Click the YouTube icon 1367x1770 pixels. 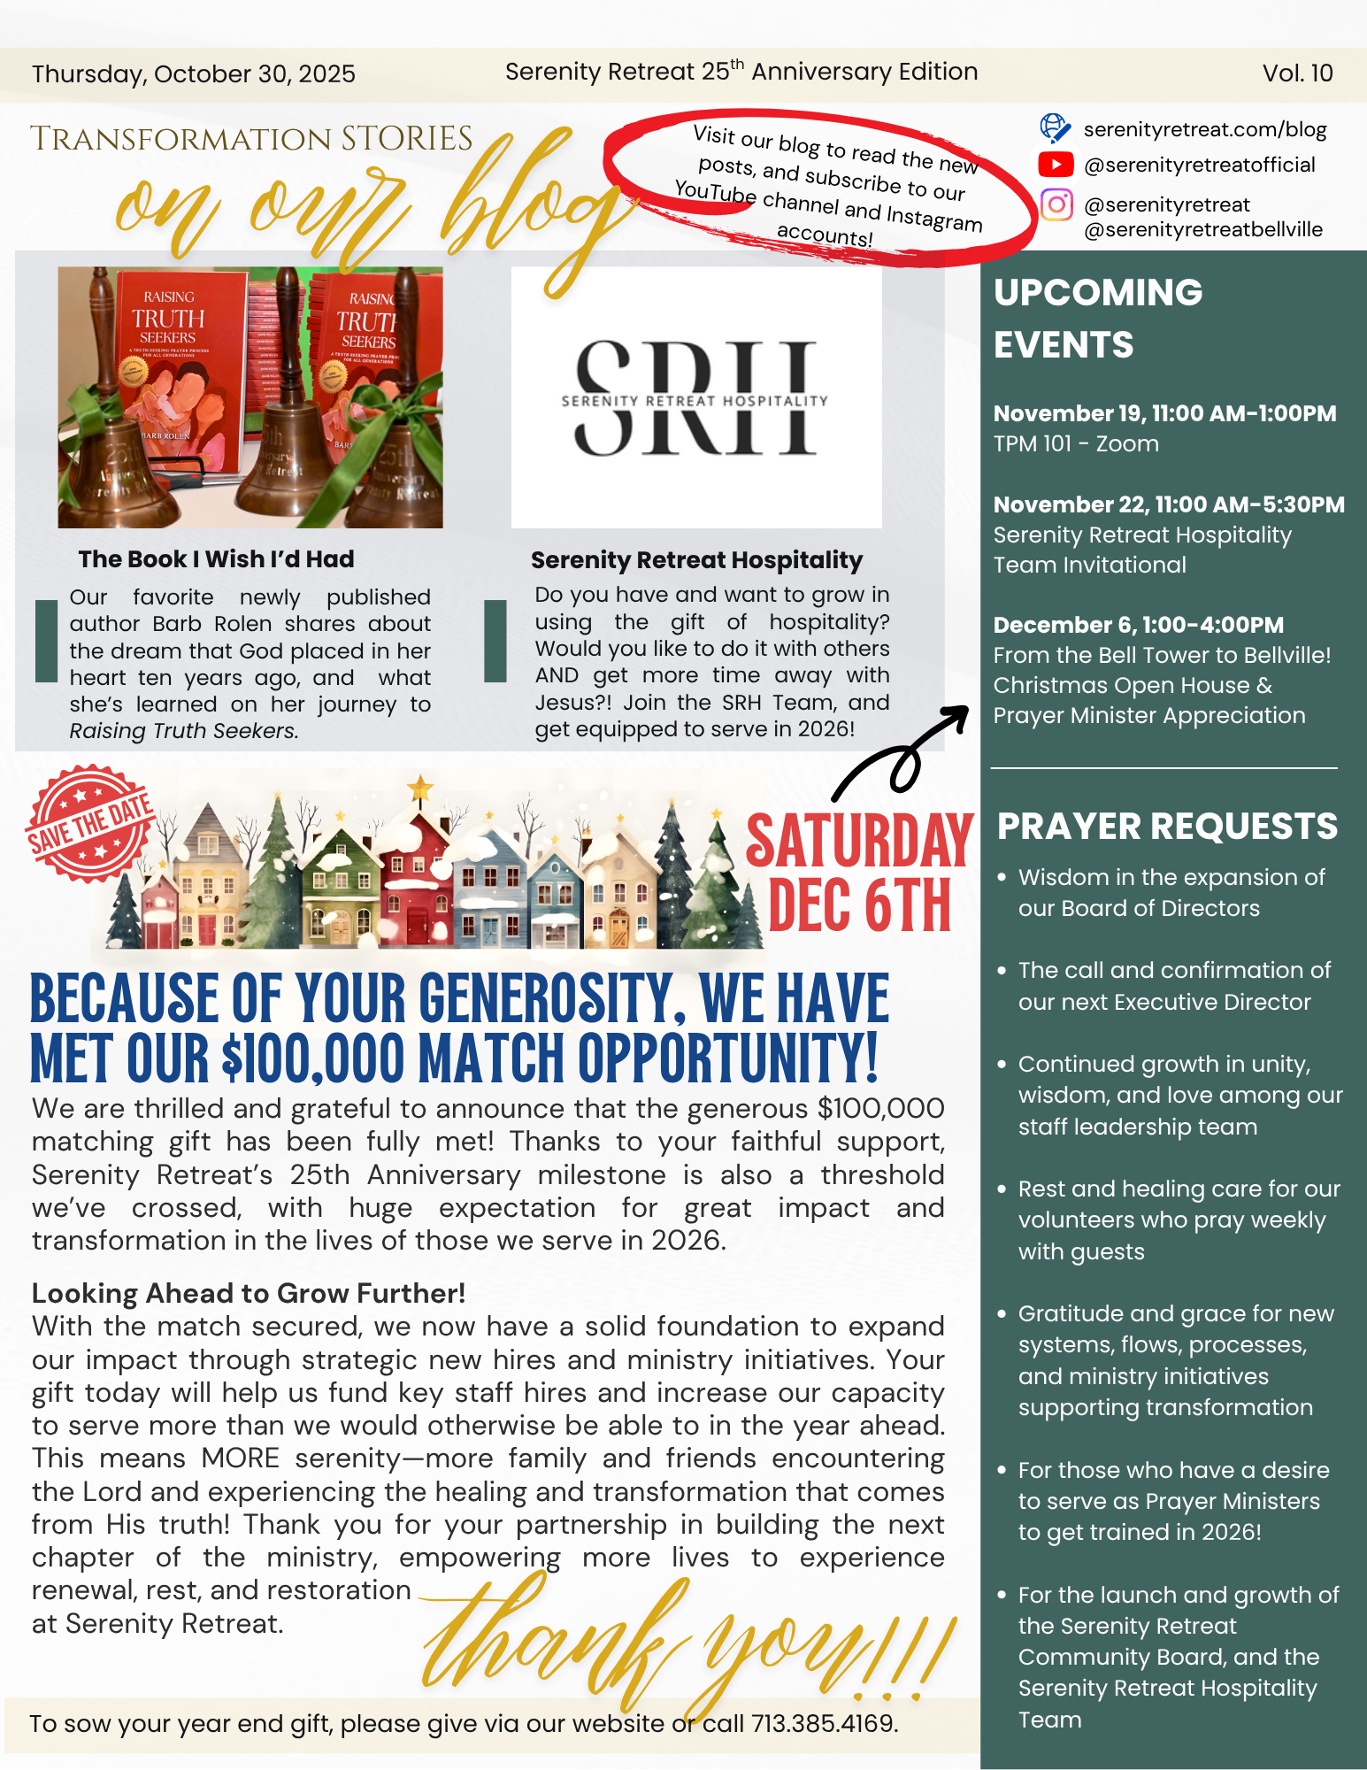(1056, 165)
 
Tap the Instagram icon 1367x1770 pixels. (1056, 204)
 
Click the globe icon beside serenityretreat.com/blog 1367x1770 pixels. (1055, 128)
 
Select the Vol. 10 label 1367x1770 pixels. (1297, 73)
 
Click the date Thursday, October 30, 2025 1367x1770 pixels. (194, 74)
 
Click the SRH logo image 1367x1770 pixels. (695, 398)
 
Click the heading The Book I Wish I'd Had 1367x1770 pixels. (216, 559)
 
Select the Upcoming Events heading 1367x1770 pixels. (1098, 318)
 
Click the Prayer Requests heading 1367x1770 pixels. (1167, 827)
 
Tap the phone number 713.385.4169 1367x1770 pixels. (824, 1723)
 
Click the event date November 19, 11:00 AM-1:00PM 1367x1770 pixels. (1164, 413)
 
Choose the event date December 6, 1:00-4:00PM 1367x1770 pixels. (1138, 625)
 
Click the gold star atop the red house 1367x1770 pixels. (420, 785)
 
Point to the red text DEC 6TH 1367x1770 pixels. (859, 906)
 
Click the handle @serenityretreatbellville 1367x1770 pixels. (1202, 230)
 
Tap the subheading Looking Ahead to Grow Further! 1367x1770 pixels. (249, 1293)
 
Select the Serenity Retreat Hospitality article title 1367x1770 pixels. (696, 560)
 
